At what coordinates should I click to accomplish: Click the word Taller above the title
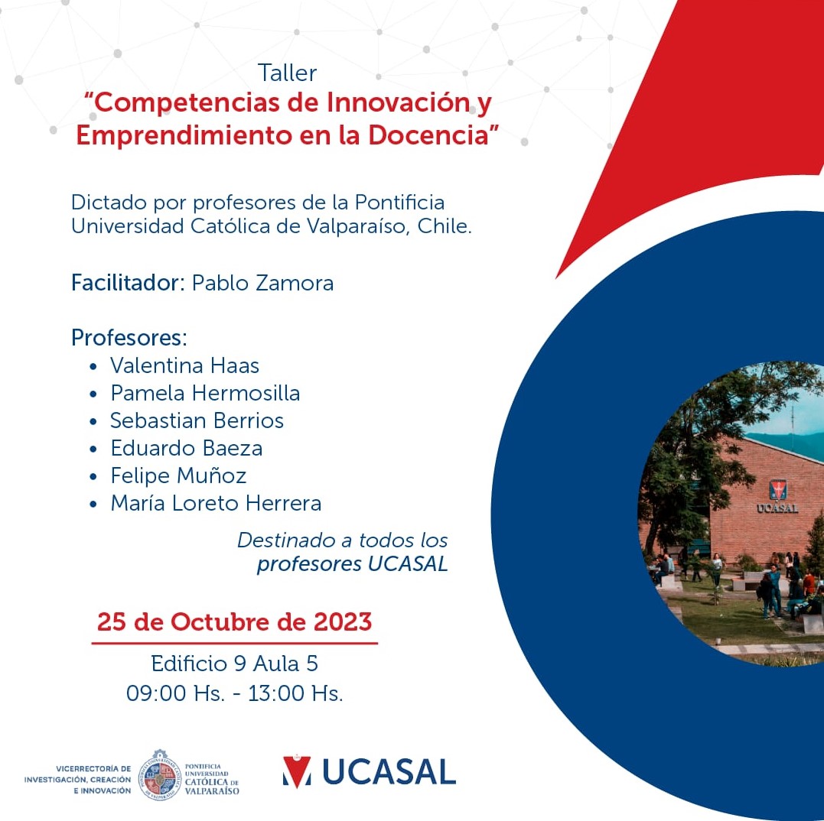[x=287, y=73]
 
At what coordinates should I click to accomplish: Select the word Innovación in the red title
[x=398, y=102]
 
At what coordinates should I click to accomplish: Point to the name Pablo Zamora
[x=262, y=283]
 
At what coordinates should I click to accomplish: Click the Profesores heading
[x=129, y=338]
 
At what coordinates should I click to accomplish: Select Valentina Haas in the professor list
[x=184, y=365]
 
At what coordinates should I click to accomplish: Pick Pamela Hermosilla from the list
[x=205, y=393]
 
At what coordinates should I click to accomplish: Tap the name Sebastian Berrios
[x=197, y=420]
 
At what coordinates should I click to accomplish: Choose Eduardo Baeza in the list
[x=187, y=448]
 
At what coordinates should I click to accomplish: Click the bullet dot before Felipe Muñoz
[x=93, y=476]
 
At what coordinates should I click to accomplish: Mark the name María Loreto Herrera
[x=216, y=503]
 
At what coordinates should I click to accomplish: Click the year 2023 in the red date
[x=343, y=622]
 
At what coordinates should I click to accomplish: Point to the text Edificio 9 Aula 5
[x=234, y=664]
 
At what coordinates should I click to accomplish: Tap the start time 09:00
[x=156, y=693]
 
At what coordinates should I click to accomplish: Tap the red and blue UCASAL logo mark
[x=296, y=771]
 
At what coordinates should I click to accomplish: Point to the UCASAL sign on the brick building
[x=777, y=508]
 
